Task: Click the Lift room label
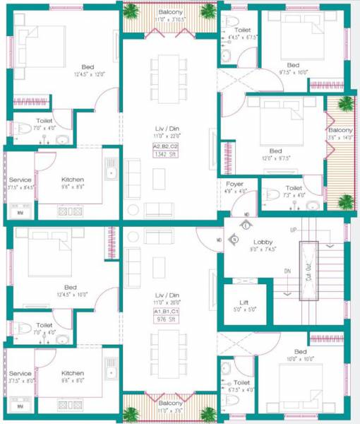tap(244, 302)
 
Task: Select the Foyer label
tap(234, 184)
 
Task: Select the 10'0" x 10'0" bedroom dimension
tap(300, 360)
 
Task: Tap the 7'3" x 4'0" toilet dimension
tap(294, 196)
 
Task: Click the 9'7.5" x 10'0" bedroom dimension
tap(292, 71)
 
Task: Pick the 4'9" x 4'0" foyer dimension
tap(234, 192)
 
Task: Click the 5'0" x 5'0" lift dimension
tap(244, 310)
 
